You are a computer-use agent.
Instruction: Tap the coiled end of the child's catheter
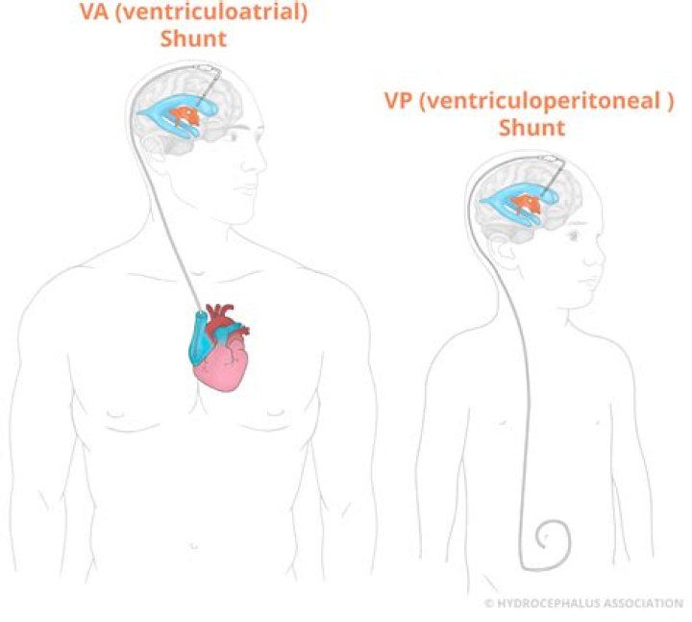tap(552, 535)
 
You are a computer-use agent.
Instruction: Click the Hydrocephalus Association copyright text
tap(583, 603)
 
